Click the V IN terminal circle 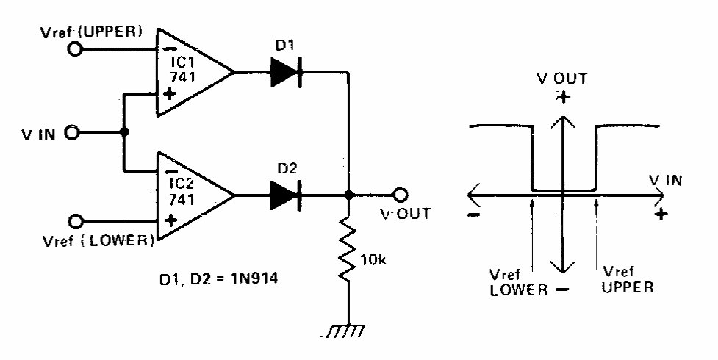point(72,134)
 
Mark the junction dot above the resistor point(348,196)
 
